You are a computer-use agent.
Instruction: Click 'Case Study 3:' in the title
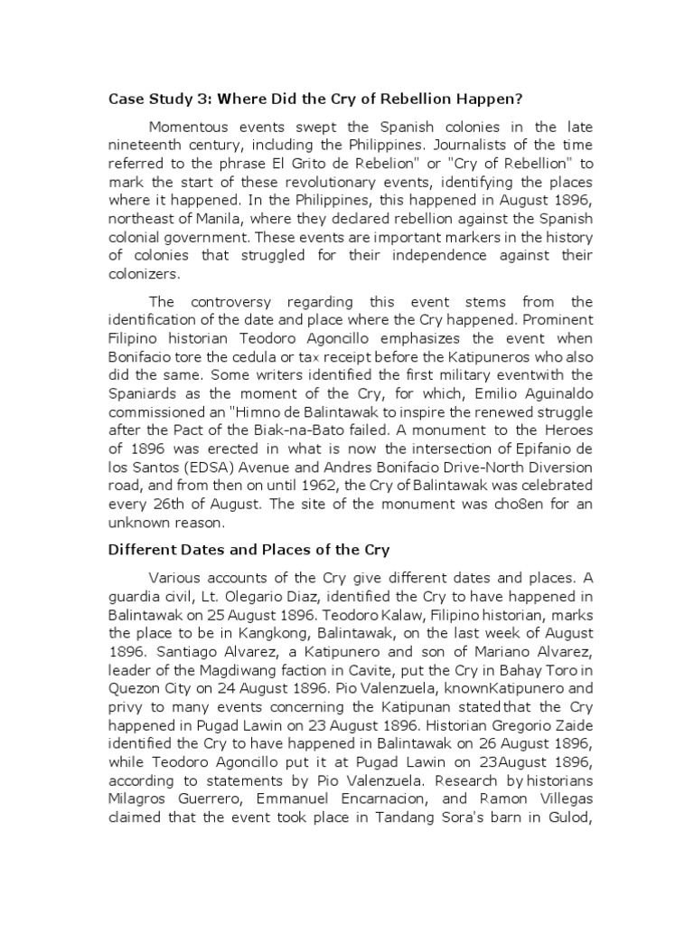pos(156,99)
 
